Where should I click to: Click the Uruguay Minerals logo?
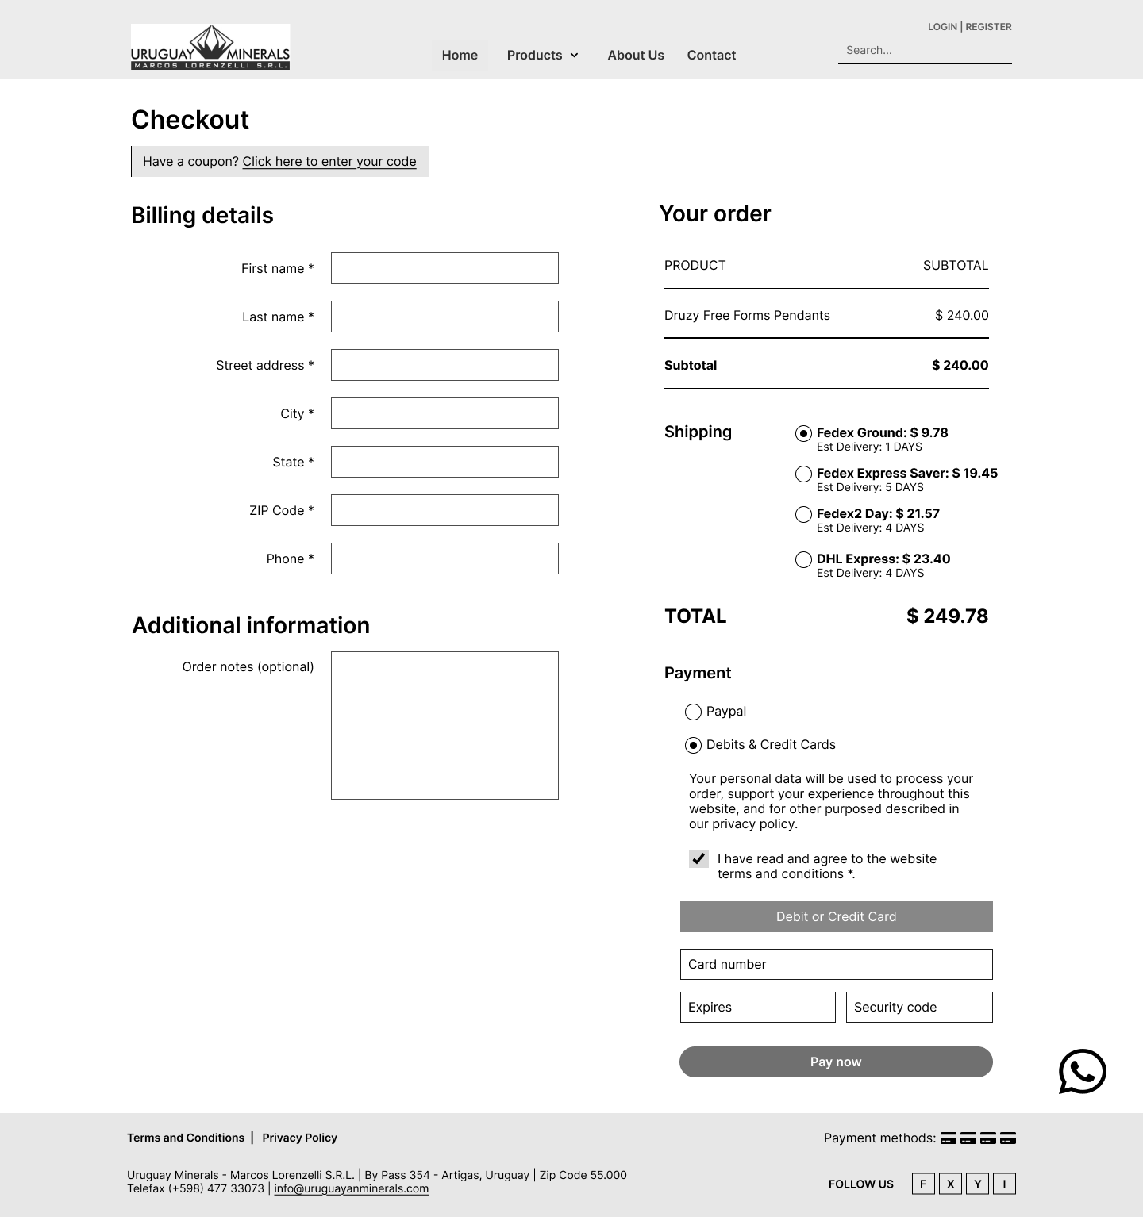tap(210, 47)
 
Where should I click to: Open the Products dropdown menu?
tap(543, 55)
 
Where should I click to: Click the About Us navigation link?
tap(636, 55)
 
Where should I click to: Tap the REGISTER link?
tap(988, 27)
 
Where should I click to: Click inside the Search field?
tap(925, 50)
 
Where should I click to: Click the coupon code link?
tap(329, 162)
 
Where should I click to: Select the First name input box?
tap(444, 268)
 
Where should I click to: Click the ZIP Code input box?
tap(444, 510)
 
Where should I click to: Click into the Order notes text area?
tap(444, 725)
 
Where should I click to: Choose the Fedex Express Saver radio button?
tap(803, 474)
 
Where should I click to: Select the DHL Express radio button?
tap(803, 559)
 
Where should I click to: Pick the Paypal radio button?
tap(693, 712)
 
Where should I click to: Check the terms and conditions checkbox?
tap(698, 858)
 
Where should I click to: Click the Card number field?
tap(836, 964)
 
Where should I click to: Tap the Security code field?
tap(919, 1007)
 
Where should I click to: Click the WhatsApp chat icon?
tap(1082, 1071)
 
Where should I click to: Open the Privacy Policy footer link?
tap(299, 1138)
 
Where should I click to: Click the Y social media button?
tap(977, 1184)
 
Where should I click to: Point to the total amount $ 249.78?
tap(947, 616)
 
